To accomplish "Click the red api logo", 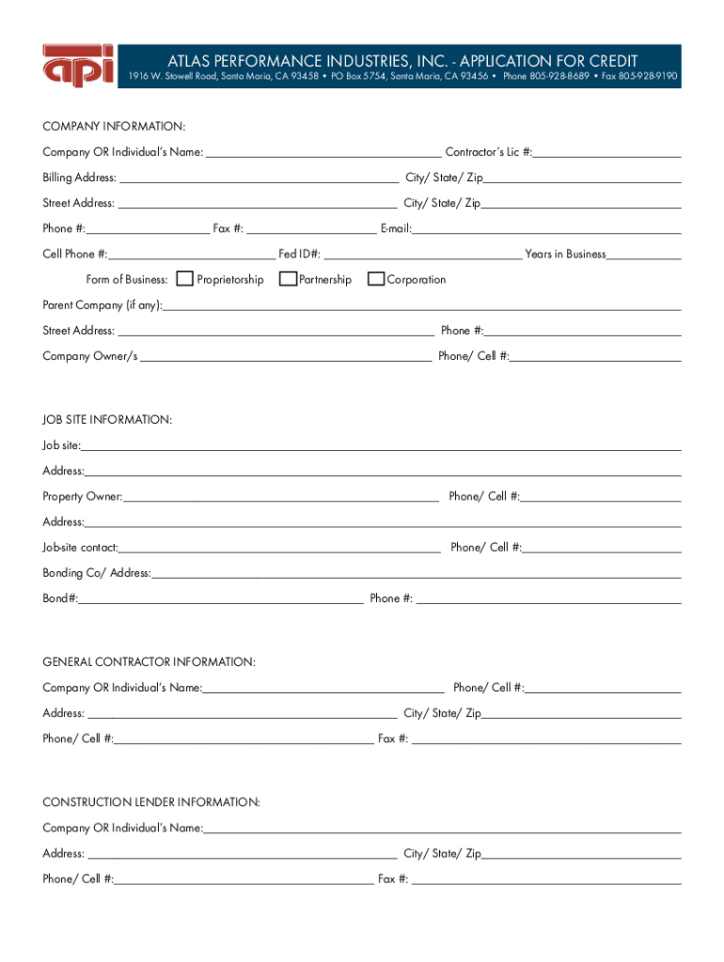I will (78, 66).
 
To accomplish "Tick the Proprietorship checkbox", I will (185, 279).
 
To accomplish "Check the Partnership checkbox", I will (289, 279).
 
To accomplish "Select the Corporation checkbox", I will (376, 279).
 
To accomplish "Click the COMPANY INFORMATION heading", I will (114, 126).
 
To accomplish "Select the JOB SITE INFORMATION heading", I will (107, 420).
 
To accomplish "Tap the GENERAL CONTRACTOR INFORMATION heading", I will (149, 662).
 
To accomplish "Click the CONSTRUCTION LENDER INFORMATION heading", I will (151, 802).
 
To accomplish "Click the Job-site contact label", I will (80, 548).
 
